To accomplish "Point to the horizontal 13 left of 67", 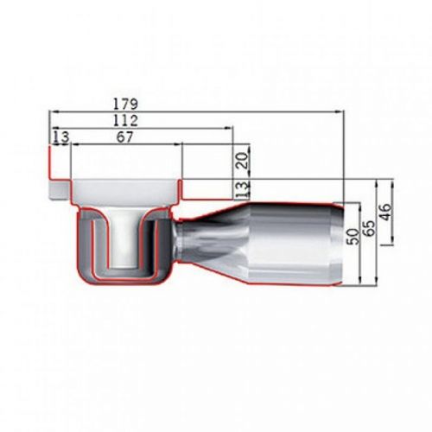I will (x=60, y=137).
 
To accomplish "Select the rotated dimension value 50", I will (x=352, y=238).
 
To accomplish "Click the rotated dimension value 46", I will (x=386, y=210).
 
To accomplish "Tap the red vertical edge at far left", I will (x=49, y=173).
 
